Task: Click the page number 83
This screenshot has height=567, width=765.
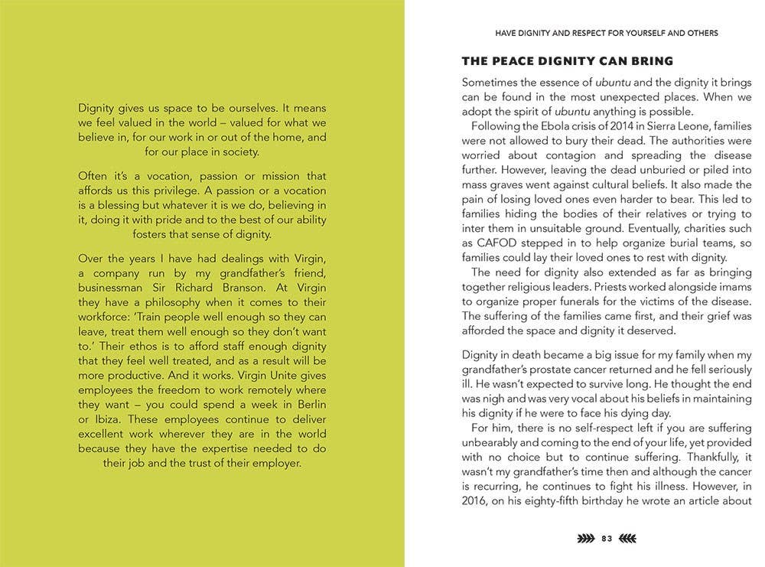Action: pos(607,539)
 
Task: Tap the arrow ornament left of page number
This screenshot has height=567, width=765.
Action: pos(585,539)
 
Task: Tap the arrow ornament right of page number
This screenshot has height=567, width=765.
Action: pos(627,539)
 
